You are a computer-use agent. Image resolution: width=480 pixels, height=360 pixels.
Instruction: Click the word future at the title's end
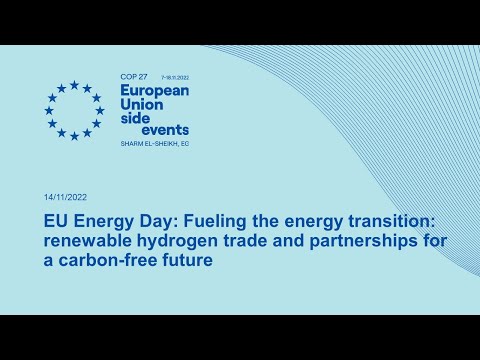190,261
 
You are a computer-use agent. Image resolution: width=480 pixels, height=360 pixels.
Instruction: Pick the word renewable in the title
87,240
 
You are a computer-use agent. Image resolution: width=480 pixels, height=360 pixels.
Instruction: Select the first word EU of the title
57,219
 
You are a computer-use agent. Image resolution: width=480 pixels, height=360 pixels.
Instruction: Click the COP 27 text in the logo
132,76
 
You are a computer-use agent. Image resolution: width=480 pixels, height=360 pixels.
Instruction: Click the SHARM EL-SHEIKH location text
153,143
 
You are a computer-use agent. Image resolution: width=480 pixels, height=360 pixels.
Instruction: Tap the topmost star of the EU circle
73,85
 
